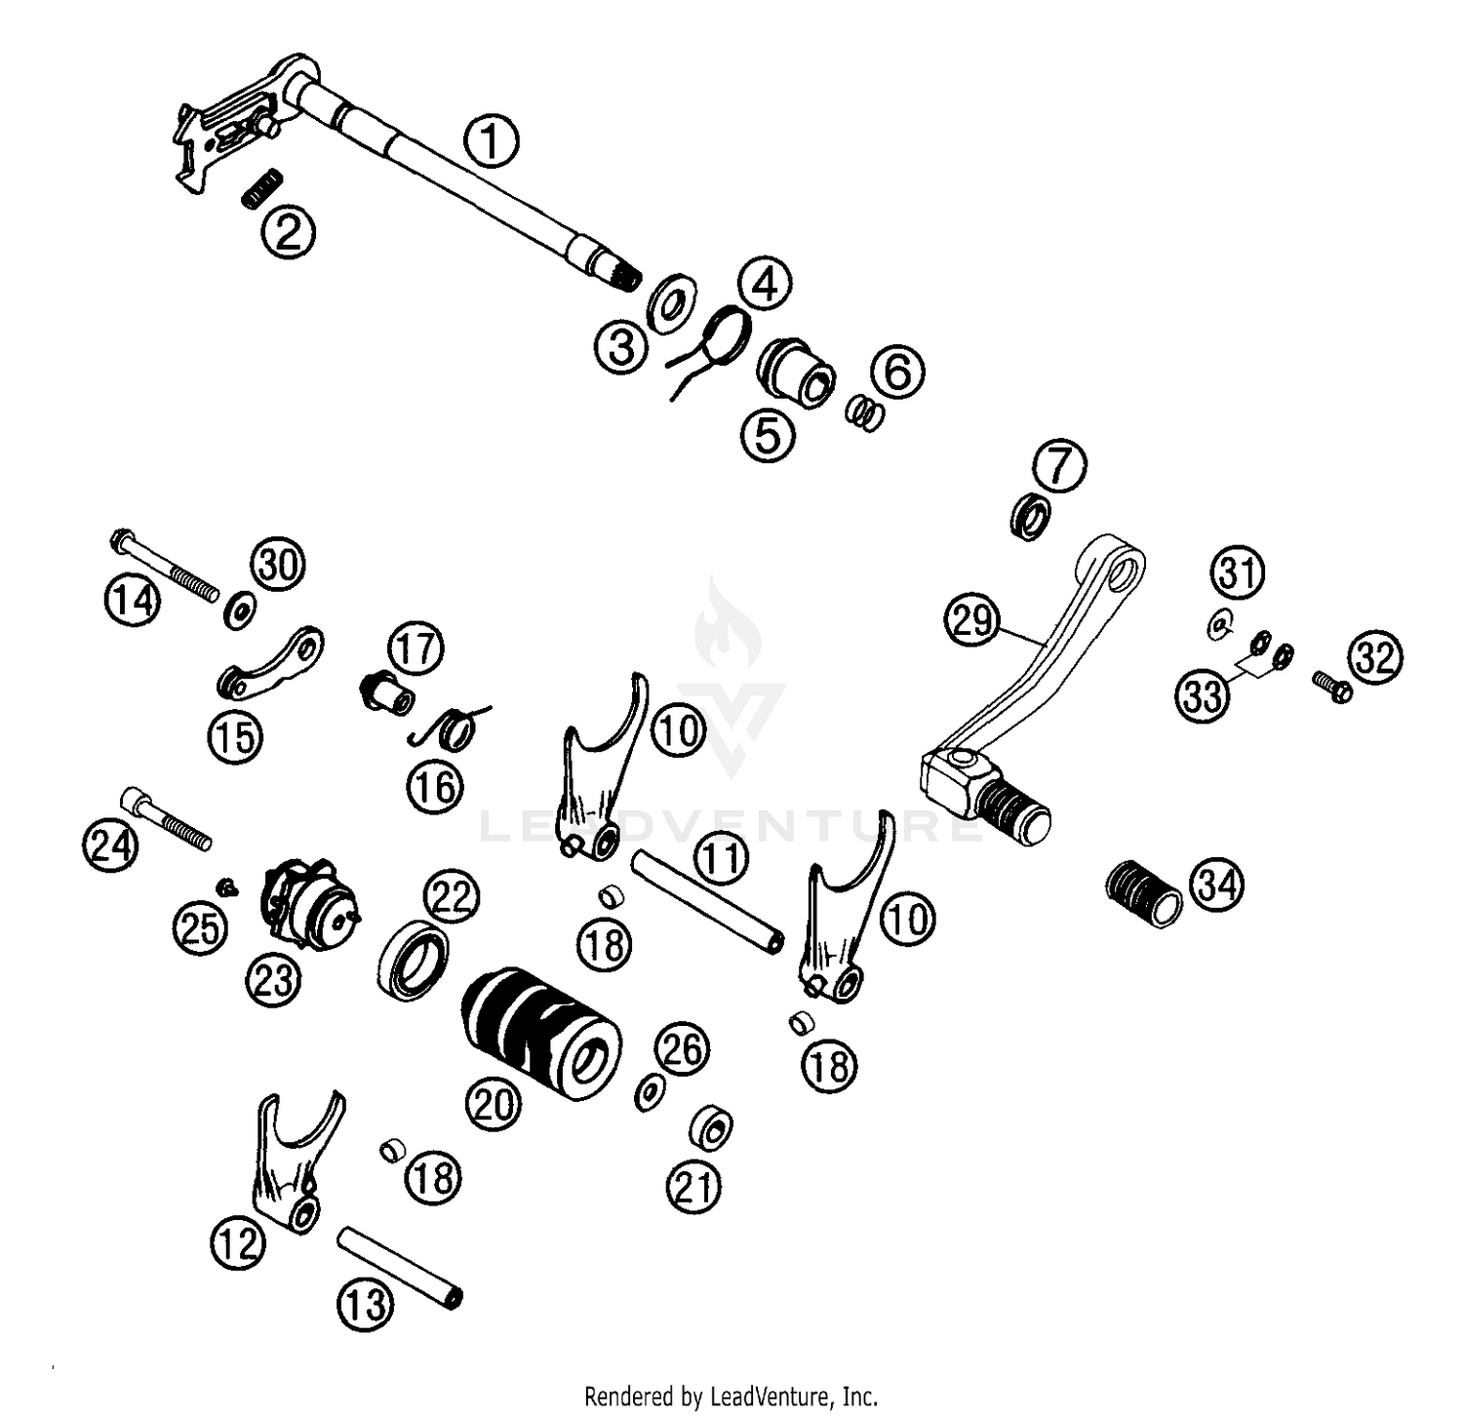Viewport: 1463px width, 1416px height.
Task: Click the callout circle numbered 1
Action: click(492, 140)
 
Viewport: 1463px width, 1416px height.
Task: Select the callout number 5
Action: click(768, 436)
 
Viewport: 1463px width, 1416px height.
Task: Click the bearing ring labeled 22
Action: click(414, 959)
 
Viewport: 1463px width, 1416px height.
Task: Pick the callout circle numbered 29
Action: click(972, 621)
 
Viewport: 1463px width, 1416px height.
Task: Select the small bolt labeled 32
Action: click(1331, 686)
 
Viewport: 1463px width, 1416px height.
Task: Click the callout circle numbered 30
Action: click(278, 565)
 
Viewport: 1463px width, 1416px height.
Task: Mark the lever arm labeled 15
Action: click(268, 665)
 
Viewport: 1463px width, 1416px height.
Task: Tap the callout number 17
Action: click(415, 649)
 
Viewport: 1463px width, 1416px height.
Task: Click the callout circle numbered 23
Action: click(273, 979)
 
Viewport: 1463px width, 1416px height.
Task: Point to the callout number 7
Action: click(1059, 465)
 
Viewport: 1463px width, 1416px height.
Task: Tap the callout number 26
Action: click(682, 1049)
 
